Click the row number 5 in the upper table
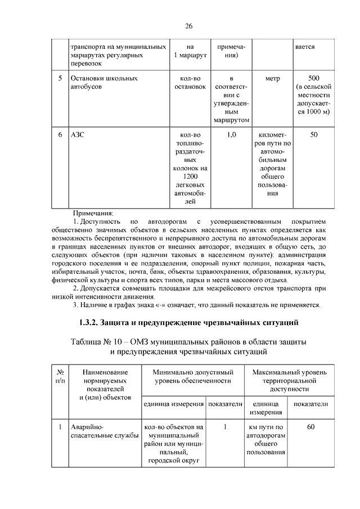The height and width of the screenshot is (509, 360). point(60,78)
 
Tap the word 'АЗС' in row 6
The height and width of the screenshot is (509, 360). point(76,135)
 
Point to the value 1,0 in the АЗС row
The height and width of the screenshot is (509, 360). point(230,135)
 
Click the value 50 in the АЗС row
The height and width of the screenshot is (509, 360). point(313,135)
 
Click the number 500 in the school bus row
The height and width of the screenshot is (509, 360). point(313,78)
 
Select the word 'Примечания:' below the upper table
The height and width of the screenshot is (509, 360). point(93,214)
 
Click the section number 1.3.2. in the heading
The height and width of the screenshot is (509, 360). point(89,323)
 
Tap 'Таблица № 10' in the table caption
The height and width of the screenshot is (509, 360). point(96,342)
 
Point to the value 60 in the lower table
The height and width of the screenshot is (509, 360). point(310,427)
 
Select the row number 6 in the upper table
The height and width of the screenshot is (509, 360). point(60,135)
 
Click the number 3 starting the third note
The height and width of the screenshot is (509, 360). point(76,305)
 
